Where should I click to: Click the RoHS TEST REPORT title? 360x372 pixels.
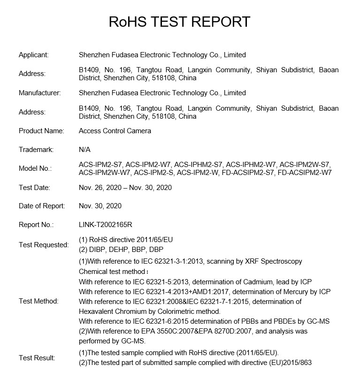pos(180,22)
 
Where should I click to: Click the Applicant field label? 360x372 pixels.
pos(33,55)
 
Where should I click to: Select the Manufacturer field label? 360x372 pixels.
pos(39,93)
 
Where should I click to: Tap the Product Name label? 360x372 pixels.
pos(41,131)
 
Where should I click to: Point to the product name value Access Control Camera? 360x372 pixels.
pos(115,131)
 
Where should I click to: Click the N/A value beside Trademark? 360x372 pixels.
pos(84,150)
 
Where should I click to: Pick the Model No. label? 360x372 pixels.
pos(35,168)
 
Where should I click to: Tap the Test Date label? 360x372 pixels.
pos(34,188)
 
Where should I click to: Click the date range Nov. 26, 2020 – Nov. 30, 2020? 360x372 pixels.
pos(125,188)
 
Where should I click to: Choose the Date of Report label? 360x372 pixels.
pos(42,206)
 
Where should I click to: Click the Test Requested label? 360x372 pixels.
pos(44,245)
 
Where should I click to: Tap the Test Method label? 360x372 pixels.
pos(38,301)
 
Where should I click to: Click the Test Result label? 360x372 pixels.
pos(37,358)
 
